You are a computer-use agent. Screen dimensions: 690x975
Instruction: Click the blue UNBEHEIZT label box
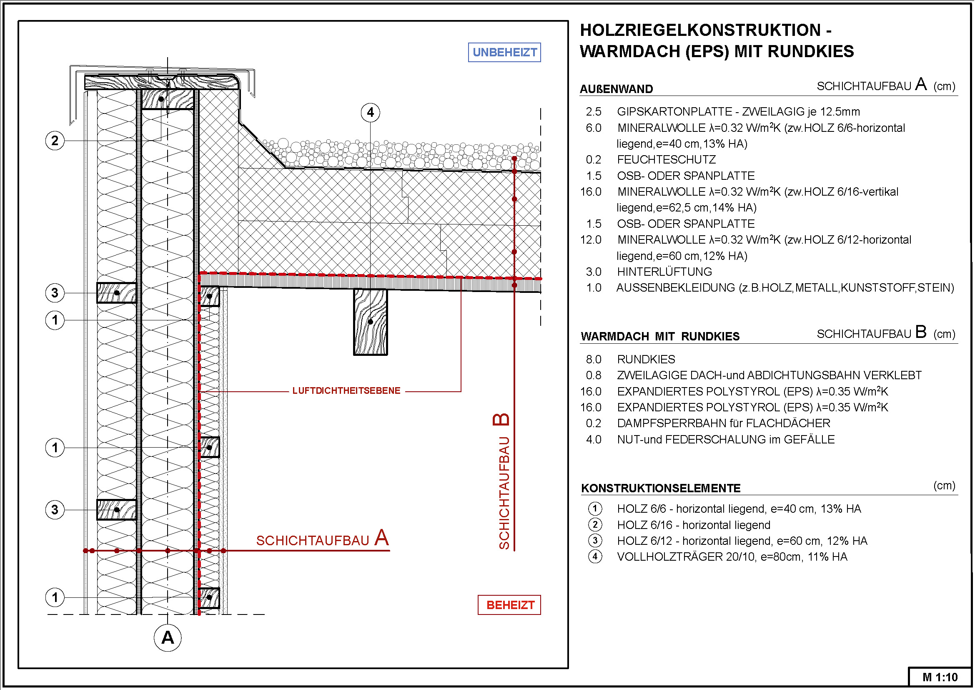tap(504, 52)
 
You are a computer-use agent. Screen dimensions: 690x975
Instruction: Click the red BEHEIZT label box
tap(509, 604)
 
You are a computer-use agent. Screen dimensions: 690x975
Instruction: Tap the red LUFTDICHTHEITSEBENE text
tap(346, 391)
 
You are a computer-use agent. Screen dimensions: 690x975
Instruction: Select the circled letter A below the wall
tap(167, 637)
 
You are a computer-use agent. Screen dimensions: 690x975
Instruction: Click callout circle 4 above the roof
tap(370, 113)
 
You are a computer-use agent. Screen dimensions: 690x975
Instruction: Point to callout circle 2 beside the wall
tap(55, 141)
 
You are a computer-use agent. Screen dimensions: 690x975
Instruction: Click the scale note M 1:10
tap(940, 677)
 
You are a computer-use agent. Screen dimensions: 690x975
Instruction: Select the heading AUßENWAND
tap(616, 89)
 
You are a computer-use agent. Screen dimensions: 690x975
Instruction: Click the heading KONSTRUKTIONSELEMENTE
tap(661, 488)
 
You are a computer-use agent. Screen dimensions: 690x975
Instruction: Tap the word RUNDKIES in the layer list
tap(646, 360)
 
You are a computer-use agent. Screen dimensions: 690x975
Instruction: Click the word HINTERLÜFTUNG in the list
tap(664, 272)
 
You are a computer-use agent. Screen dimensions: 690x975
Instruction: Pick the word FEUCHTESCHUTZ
tap(666, 160)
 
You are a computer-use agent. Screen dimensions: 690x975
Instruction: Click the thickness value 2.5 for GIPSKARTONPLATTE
tap(593, 112)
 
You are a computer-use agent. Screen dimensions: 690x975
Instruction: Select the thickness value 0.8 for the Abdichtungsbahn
tap(593, 375)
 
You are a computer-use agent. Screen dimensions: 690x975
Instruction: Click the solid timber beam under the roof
tap(370, 322)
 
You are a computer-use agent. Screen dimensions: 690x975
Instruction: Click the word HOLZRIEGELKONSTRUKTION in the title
tap(700, 30)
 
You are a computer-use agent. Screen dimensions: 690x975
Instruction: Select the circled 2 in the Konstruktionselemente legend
tap(595, 525)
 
